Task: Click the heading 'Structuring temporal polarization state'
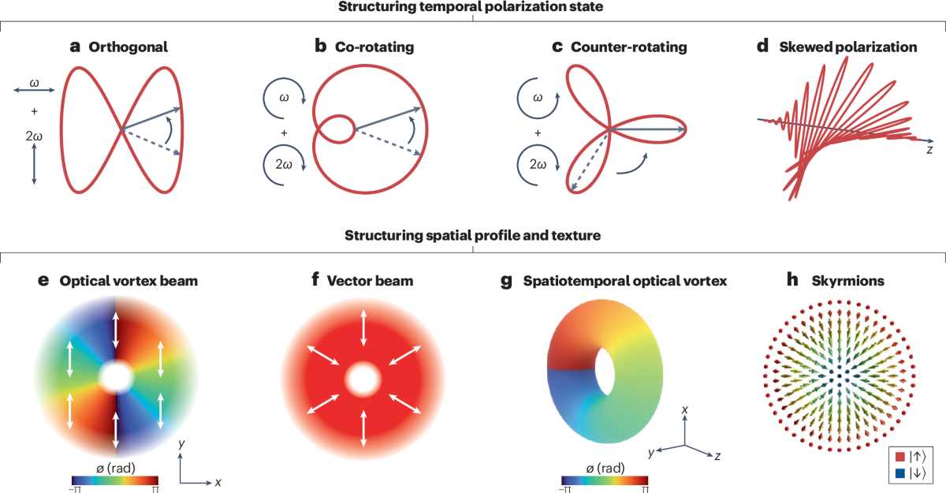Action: point(473,8)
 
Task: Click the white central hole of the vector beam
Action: point(363,379)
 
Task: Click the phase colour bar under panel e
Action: point(117,480)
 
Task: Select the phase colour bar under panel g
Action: point(607,480)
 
